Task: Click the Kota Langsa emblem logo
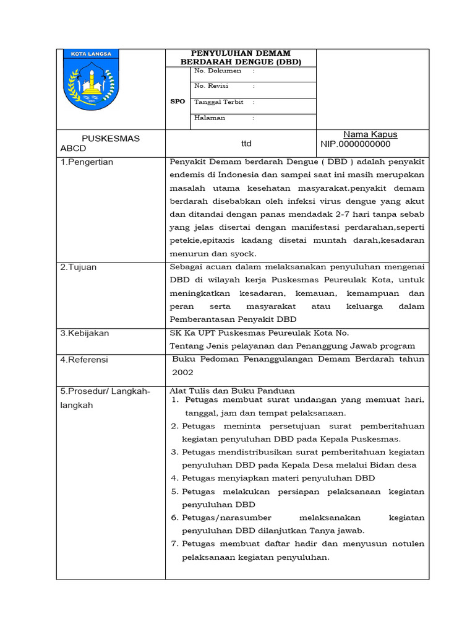click(x=92, y=80)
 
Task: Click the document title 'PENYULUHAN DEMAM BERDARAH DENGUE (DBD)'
click(x=241, y=58)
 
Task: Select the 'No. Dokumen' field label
click(x=218, y=71)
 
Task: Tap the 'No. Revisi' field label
click(x=212, y=86)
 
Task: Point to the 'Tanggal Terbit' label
click(x=219, y=102)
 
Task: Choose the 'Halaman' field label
click(x=210, y=118)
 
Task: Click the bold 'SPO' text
click(x=178, y=102)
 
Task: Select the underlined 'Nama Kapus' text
click(x=370, y=134)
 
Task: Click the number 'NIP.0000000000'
click(x=356, y=144)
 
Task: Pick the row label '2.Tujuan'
click(x=79, y=267)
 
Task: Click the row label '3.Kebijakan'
click(x=85, y=333)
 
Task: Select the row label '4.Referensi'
click(x=84, y=359)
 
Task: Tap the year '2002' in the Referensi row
click(x=183, y=372)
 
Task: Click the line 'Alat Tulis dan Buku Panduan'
click(x=232, y=391)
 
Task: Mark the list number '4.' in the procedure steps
click(x=174, y=478)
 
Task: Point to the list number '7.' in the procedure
click(x=174, y=544)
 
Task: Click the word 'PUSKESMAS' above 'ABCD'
click(x=111, y=139)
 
